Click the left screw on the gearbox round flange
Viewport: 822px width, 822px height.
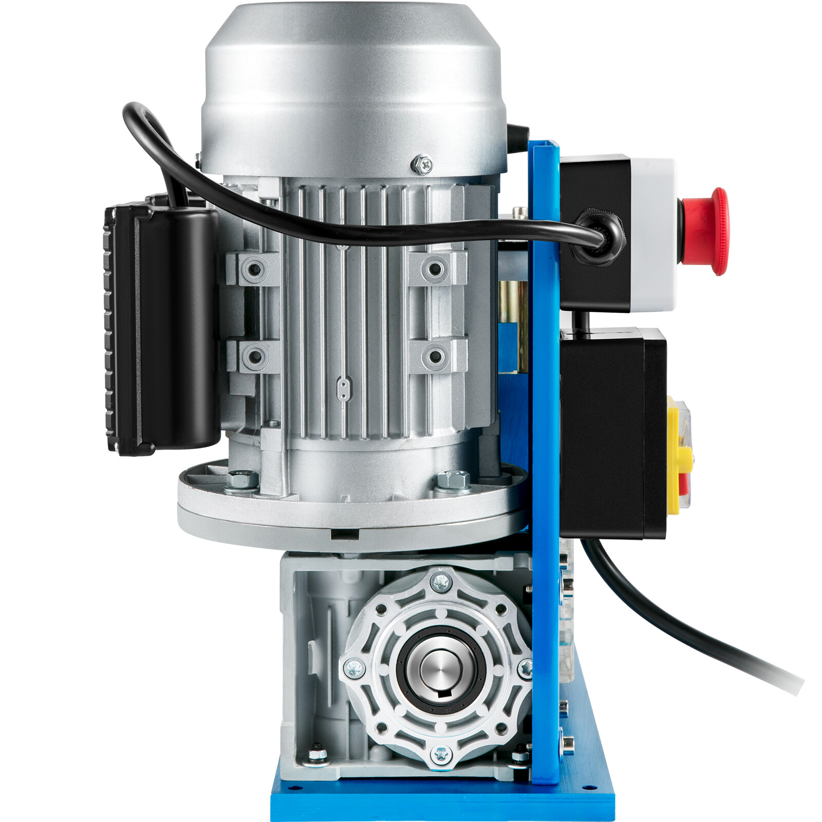point(354,668)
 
